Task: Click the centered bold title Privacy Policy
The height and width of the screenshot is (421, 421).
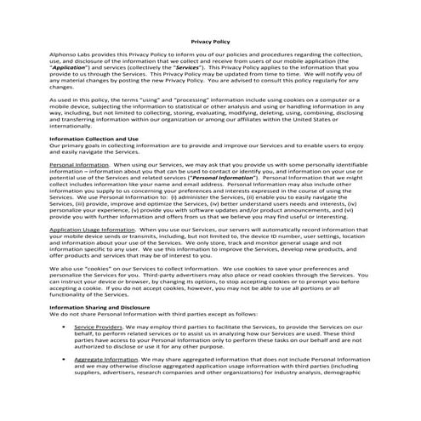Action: (209, 39)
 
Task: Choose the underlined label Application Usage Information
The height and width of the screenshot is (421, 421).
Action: (91, 230)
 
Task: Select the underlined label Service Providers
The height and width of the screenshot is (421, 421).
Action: (97, 327)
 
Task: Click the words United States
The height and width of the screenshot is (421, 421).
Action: (345, 117)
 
